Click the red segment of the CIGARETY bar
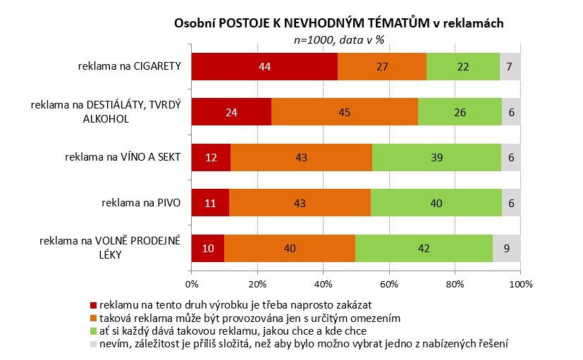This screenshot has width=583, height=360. pyautogui.click(x=264, y=67)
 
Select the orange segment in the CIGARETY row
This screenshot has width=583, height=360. pyautogui.click(x=381, y=67)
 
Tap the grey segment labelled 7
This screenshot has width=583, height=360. pyautogui.click(x=510, y=67)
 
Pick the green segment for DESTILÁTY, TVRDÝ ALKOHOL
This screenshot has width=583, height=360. pyautogui.click(x=460, y=112)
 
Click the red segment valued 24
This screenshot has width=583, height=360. pyautogui.click(x=231, y=112)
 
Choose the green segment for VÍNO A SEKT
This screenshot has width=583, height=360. pyautogui.click(x=436, y=157)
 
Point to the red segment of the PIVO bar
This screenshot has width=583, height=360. pyautogui.click(x=210, y=203)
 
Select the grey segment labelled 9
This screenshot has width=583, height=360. pyautogui.click(x=507, y=248)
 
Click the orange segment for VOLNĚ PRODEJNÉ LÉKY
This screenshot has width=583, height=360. pyautogui.click(x=289, y=248)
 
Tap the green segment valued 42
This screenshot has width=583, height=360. pyautogui.click(x=423, y=248)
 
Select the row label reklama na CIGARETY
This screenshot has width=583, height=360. pyautogui.click(x=130, y=67)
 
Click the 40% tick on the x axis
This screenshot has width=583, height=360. pyautogui.click(x=323, y=284)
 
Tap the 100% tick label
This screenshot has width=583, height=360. pyautogui.click(x=520, y=284)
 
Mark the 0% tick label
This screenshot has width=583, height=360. pyautogui.click(x=191, y=284)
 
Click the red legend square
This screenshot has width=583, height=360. pyautogui.click(x=92, y=306)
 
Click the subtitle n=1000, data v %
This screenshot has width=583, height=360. pyautogui.click(x=338, y=40)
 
